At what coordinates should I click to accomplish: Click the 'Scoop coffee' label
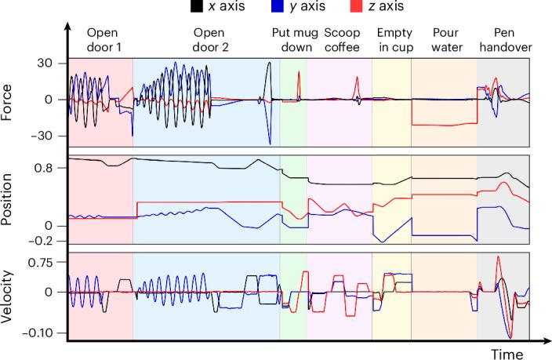tap(339, 40)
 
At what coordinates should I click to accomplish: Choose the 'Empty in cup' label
tap(392, 40)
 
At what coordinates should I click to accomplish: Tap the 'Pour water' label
tap(444, 40)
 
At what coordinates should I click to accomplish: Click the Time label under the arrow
tap(507, 355)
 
